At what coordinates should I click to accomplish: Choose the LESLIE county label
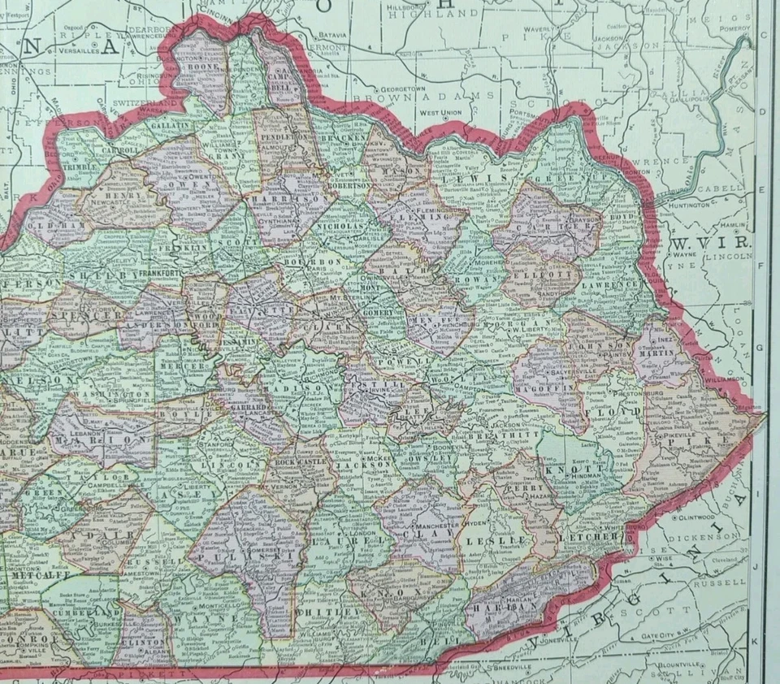pos(497,539)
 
